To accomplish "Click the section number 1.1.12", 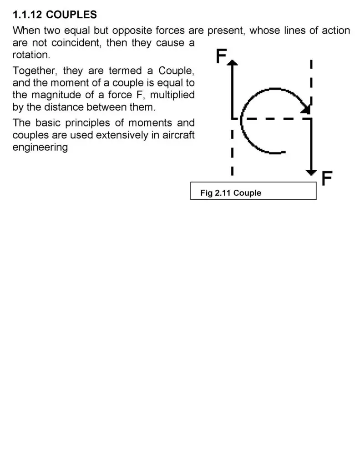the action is click(x=27, y=15).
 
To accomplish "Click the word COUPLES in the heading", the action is click(x=71, y=15).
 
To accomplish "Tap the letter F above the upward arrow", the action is click(x=221, y=56).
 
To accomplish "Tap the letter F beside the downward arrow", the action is click(x=327, y=178).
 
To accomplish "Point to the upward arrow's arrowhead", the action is click(x=233, y=62).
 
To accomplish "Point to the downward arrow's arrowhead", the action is click(x=311, y=172).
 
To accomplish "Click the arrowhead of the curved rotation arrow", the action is click(x=306, y=109).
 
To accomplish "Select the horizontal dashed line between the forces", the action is click(x=272, y=119).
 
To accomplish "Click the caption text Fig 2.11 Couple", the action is click(x=231, y=193).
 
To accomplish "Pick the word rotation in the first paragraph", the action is click(x=31, y=55).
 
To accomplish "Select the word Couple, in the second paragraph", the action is click(x=176, y=71).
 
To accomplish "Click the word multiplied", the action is click(x=172, y=95).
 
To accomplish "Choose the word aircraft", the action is click(x=178, y=135).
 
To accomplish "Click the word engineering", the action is click(x=40, y=147).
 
